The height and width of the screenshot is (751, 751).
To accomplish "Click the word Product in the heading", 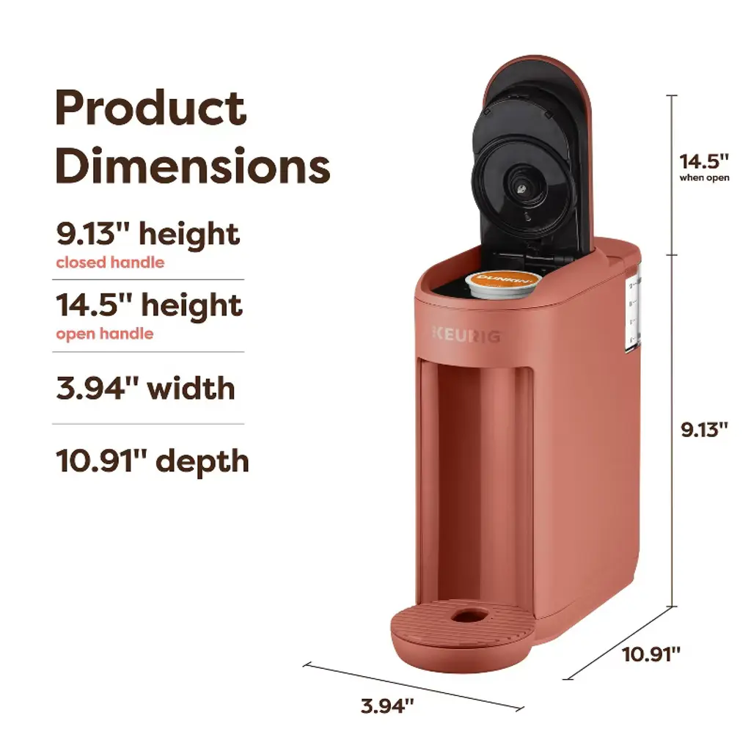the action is click(x=151, y=108).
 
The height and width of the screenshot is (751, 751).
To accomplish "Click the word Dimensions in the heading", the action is click(x=193, y=166).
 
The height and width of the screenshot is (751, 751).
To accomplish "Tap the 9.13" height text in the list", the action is click(x=148, y=235).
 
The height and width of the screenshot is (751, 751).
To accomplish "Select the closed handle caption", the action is click(x=110, y=263).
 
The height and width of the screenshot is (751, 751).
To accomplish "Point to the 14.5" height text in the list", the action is click(x=150, y=306).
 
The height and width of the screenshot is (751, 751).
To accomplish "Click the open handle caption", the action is click(x=105, y=334).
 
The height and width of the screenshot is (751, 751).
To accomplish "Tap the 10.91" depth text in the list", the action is click(x=153, y=461).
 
